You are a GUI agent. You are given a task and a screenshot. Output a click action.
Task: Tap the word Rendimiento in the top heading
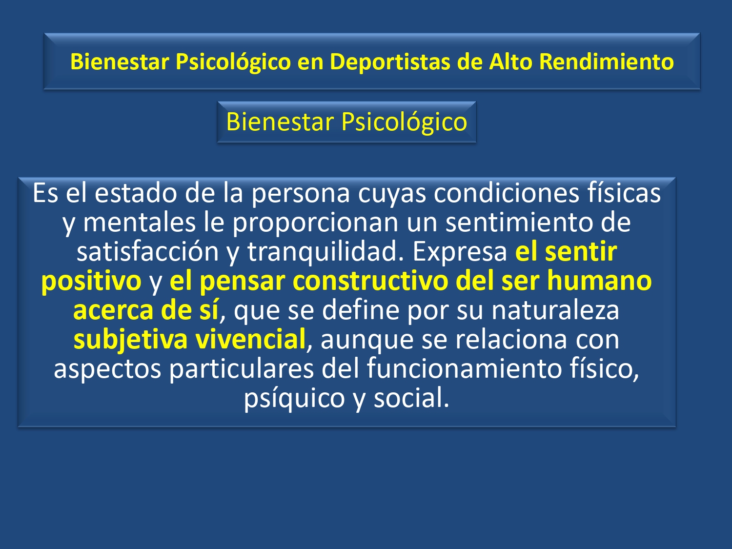pyautogui.click(x=606, y=62)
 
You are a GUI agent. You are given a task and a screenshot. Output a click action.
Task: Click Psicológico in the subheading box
pyautogui.click(x=404, y=122)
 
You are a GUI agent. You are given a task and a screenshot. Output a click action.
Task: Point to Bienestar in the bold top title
pyautogui.click(x=120, y=62)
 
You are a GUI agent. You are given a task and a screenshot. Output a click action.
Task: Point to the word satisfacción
pyautogui.click(x=148, y=251)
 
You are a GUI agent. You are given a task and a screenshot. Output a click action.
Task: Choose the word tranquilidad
pyautogui.click(x=325, y=252)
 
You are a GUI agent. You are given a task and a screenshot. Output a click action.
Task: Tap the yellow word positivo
pyautogui.click(x=92, y=282)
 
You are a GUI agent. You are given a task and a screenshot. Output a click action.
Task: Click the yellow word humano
pyautogui.click(x=599, y=281)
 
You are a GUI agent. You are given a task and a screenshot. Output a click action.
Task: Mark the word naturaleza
pyautogui.click(x=555, y=310)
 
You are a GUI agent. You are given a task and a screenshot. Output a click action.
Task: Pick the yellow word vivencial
pyautogui.click(x=250, y=339)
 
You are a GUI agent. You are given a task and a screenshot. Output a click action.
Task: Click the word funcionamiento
pyautogui.click(x=464, y=368)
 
